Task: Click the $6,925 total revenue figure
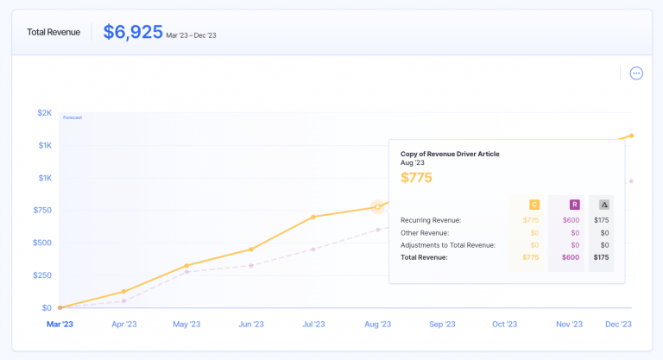pyautogui.click(x=133, y=32)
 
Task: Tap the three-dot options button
pyautogui.click(x=636, y=73)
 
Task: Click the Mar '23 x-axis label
pyautogui.click(x=60, y=325)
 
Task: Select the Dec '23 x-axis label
pyautogui.click(x=617, y=325)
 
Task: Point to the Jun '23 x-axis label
pyautogui.click(x=251, y=325)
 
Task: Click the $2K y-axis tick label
pyautogui.click(x=44, y=113)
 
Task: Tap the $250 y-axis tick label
pyautogui.click(x=41, y=275)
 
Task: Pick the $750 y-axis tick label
pyautogui.click(x=41, y=211)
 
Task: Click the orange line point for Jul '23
pyautogui.click(x=313, y=217)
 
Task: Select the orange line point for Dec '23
pyautogui.click(x=632, y=136)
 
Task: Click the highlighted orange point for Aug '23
pyautogui.click(x=377, y=206)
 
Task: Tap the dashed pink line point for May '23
pyautogui.click(x=187, y=272)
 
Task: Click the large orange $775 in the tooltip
pyautogui.click(x=416, y=178)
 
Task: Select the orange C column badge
pyautogui.click(x=534, y=205)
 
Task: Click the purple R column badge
pyautogui.click(x=574, y=205)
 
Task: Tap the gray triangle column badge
pyautogui.click(x=603, y=205)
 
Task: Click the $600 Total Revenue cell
pyautogui.click(x=571, y=257)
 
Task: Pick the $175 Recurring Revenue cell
pyautogui.click(x=601, y=220)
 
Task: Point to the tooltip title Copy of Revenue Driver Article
pyautogui.click(x=450, y=154)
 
